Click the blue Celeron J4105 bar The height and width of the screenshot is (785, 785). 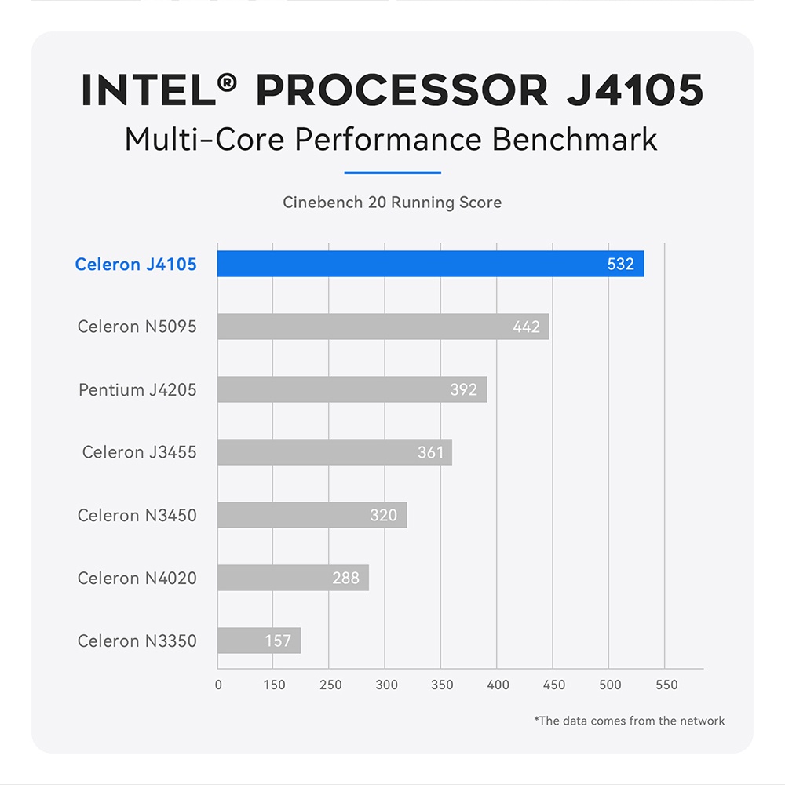point(430,264)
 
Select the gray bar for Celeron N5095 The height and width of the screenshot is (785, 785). point(383,327)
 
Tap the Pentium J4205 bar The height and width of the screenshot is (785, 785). point(352,389)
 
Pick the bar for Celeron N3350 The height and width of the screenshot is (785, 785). point(259,641)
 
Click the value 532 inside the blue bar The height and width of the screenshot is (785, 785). point(620,265)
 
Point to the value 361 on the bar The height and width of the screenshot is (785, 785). point(430,453)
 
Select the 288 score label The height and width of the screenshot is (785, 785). point(345,579)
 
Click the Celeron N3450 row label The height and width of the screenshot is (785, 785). point(137,516)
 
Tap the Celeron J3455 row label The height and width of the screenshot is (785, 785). point(139,453)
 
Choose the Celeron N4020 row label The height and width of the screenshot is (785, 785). point(137,579)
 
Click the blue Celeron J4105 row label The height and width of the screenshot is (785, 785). point(136,265)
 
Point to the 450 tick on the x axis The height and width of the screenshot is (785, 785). point(554,685)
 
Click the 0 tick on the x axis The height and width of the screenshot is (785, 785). point(218,685)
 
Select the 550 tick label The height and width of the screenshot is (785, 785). point(666,685)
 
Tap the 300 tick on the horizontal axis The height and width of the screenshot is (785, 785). point(386,685)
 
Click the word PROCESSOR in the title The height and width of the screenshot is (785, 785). point(402,91)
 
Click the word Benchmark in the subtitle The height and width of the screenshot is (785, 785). point(575,140)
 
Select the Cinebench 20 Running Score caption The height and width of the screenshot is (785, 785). point(392,203)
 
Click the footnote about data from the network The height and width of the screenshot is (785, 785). point(629,721)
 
